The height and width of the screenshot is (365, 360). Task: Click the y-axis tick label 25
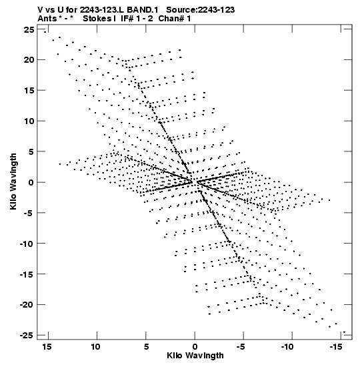pyautogui.click(x=29, y=30)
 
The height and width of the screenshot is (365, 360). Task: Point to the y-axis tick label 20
pyautogui.click(x=29, y=60)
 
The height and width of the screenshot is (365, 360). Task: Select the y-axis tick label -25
pyautogui.click(x=27, y=335)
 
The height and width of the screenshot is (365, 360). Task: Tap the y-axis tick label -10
pyautogui.click(x=27, y=244)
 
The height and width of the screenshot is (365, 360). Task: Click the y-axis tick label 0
pyautogui.click(x=31, y=182)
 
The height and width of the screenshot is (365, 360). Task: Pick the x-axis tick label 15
pyautogui.click(x=47, y=346)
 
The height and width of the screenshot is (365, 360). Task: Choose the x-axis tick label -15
pyautogui.click(x=336, y=346)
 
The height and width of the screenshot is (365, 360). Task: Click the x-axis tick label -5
pyautogui.click(x=241, y=346)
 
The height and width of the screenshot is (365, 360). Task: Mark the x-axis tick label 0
pyautogui.click(x=195, y=346)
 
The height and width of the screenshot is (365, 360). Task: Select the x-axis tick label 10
pyautogui.click(x=95, y=346)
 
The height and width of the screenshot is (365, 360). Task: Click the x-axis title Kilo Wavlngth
pyautogui.click(x=195, y=356)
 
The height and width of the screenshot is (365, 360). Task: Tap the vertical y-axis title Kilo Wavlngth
pyautogui.click(x=13, y=181)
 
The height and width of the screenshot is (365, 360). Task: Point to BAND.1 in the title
pyautogui.click(x=143, y=10)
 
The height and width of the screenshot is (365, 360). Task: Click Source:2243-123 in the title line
pyautogui.click(x=201, y=10)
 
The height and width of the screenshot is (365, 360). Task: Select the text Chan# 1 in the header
pyautogui.click(x=175, y=19)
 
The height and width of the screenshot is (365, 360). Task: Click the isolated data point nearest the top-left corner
pyautogui.click(x=45, y=32)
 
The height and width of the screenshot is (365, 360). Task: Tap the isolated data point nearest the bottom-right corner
pyautogui.click(x=344, y=332)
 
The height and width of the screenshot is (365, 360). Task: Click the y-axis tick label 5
pyautogui.click(x=31, y=151)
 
